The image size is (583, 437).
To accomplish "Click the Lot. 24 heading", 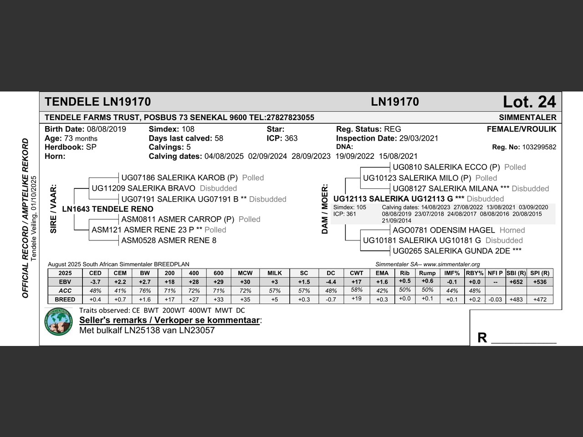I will (529, 102).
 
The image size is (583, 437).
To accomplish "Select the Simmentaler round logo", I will (59, 321).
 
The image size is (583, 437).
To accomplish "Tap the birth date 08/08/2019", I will (107, 129).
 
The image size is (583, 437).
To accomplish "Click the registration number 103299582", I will (539, 147).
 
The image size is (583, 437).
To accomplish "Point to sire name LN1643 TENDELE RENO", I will (107, 209).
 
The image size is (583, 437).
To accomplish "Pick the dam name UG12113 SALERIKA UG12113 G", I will (393, 199).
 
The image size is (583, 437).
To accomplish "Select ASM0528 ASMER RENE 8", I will (169, 240).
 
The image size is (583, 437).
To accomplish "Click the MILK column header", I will (275, 273).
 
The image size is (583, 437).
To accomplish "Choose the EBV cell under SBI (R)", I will (516, 282).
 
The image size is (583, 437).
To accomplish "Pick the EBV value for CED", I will (95, 282).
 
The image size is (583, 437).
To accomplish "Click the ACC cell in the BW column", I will (145, 290).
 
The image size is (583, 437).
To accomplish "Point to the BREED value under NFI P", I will (496, 300).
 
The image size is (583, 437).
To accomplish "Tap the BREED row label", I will (65, 300).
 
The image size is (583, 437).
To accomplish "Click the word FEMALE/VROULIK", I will (522, 129).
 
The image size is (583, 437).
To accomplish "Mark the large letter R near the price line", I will (482, 337).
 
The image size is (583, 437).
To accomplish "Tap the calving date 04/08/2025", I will (224, 156).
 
